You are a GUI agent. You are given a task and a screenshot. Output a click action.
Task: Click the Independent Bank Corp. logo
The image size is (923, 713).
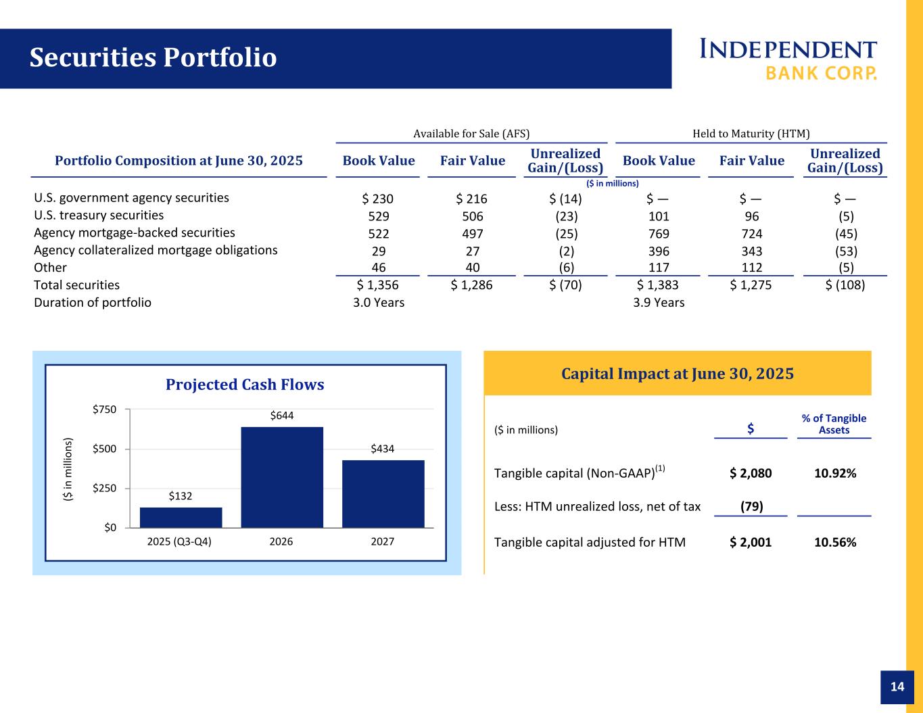tap(788, 59)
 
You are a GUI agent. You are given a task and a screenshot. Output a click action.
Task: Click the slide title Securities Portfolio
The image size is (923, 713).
tap(153, 58)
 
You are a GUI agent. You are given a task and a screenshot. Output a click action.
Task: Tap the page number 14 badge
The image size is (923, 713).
tap(897, 687)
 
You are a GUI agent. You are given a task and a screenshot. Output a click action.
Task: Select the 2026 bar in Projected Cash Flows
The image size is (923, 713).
tap(282, 477)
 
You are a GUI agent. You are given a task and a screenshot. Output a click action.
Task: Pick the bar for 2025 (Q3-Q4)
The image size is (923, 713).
tap(181, 517)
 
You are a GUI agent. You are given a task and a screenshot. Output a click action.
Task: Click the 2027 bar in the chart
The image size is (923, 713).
tap(383, 493)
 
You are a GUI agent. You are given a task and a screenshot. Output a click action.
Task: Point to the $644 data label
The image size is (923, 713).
tap(282, 415)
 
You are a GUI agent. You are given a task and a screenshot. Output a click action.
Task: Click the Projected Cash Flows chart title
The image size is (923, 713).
tap(245, 385)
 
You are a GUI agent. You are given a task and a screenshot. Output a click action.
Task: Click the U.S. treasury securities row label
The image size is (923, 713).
tap(99, 216)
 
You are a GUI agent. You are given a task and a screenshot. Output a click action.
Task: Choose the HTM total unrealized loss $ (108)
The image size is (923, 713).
tap(845, 285)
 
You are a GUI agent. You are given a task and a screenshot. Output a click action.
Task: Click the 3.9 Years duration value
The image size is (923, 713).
tap(659, 303)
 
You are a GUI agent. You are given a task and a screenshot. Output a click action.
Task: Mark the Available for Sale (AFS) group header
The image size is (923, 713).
tap(471, 134)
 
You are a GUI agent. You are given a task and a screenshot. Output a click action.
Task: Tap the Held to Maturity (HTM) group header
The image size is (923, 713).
tap(751, 134)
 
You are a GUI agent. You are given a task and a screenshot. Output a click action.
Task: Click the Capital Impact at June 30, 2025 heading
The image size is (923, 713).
tap(678, 374)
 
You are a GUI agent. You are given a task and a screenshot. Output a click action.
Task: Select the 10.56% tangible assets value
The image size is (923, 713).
tap(835, 542)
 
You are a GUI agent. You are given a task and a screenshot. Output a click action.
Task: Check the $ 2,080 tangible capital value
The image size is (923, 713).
tap(751, 473)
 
